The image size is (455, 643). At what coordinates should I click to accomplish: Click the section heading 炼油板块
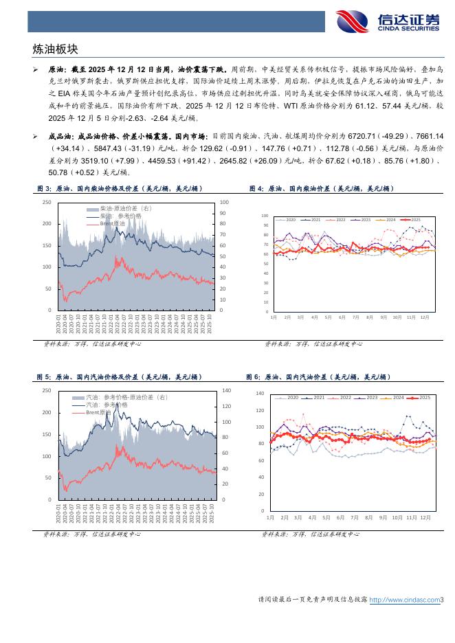tap(56, 49)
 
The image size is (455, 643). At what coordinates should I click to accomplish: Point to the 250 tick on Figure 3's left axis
tap(47, 202)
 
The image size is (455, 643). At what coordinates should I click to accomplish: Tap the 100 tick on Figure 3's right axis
tap(224, 202)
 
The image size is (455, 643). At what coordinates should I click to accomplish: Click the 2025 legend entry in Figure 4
tap(416, 220)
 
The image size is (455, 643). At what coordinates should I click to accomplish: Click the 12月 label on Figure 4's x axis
tap(424, 317)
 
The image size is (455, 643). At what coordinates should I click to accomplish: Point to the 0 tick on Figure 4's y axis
tap(266, 312)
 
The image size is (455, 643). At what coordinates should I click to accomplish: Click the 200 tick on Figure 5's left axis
tap(47, 412)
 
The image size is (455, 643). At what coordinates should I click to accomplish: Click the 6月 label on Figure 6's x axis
tap(341, 517)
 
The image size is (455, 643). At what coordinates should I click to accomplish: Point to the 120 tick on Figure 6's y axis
tap(260, 411)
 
